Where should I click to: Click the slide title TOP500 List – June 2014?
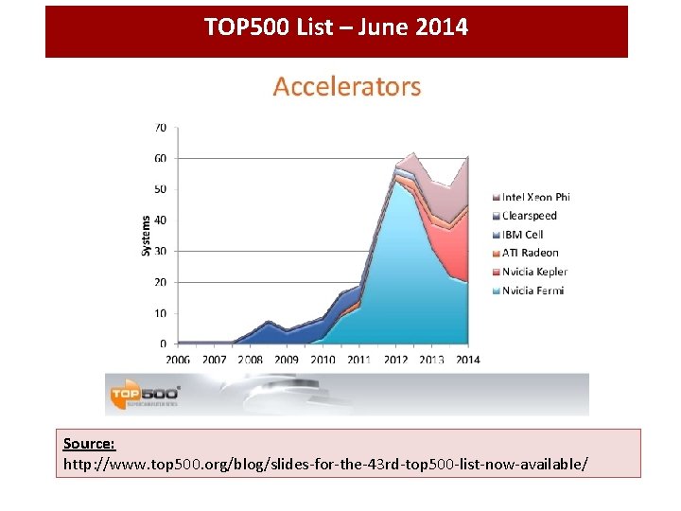pyautogui.click(x=336, y=26)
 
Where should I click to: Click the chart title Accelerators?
pyautogui.click(x=346, y=87)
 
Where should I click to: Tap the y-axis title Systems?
pyautogui.click(x=146, y=235)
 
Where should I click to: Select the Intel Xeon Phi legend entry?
pyautogui.click(x=535, y=197)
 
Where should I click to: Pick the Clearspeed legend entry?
pyautogui.click(x=529, y=216)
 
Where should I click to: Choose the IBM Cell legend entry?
pyautogui.click(x=524, y=234)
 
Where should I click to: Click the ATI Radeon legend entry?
pyautogui.click(x=530, y=253)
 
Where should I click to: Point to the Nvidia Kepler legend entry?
pyautogui.click(x=534, y=272)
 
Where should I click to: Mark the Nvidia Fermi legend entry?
pyautogui.click(x=533, y=291)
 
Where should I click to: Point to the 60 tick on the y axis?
pyautogui.click(x=161, y=158)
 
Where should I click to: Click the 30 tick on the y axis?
pyautogui.click(x=161, y=251)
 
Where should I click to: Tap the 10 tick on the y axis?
pyautogui.click(x=161, y=313)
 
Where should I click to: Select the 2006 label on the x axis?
pyautogui.click(x=178, y=360)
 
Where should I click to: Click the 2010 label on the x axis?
pyautogui.click(x=323, y=360)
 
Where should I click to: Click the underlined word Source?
pyautogui.click(x=89, y=444)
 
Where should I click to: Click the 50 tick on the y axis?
pyautogui.click(x=161, y=189)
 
